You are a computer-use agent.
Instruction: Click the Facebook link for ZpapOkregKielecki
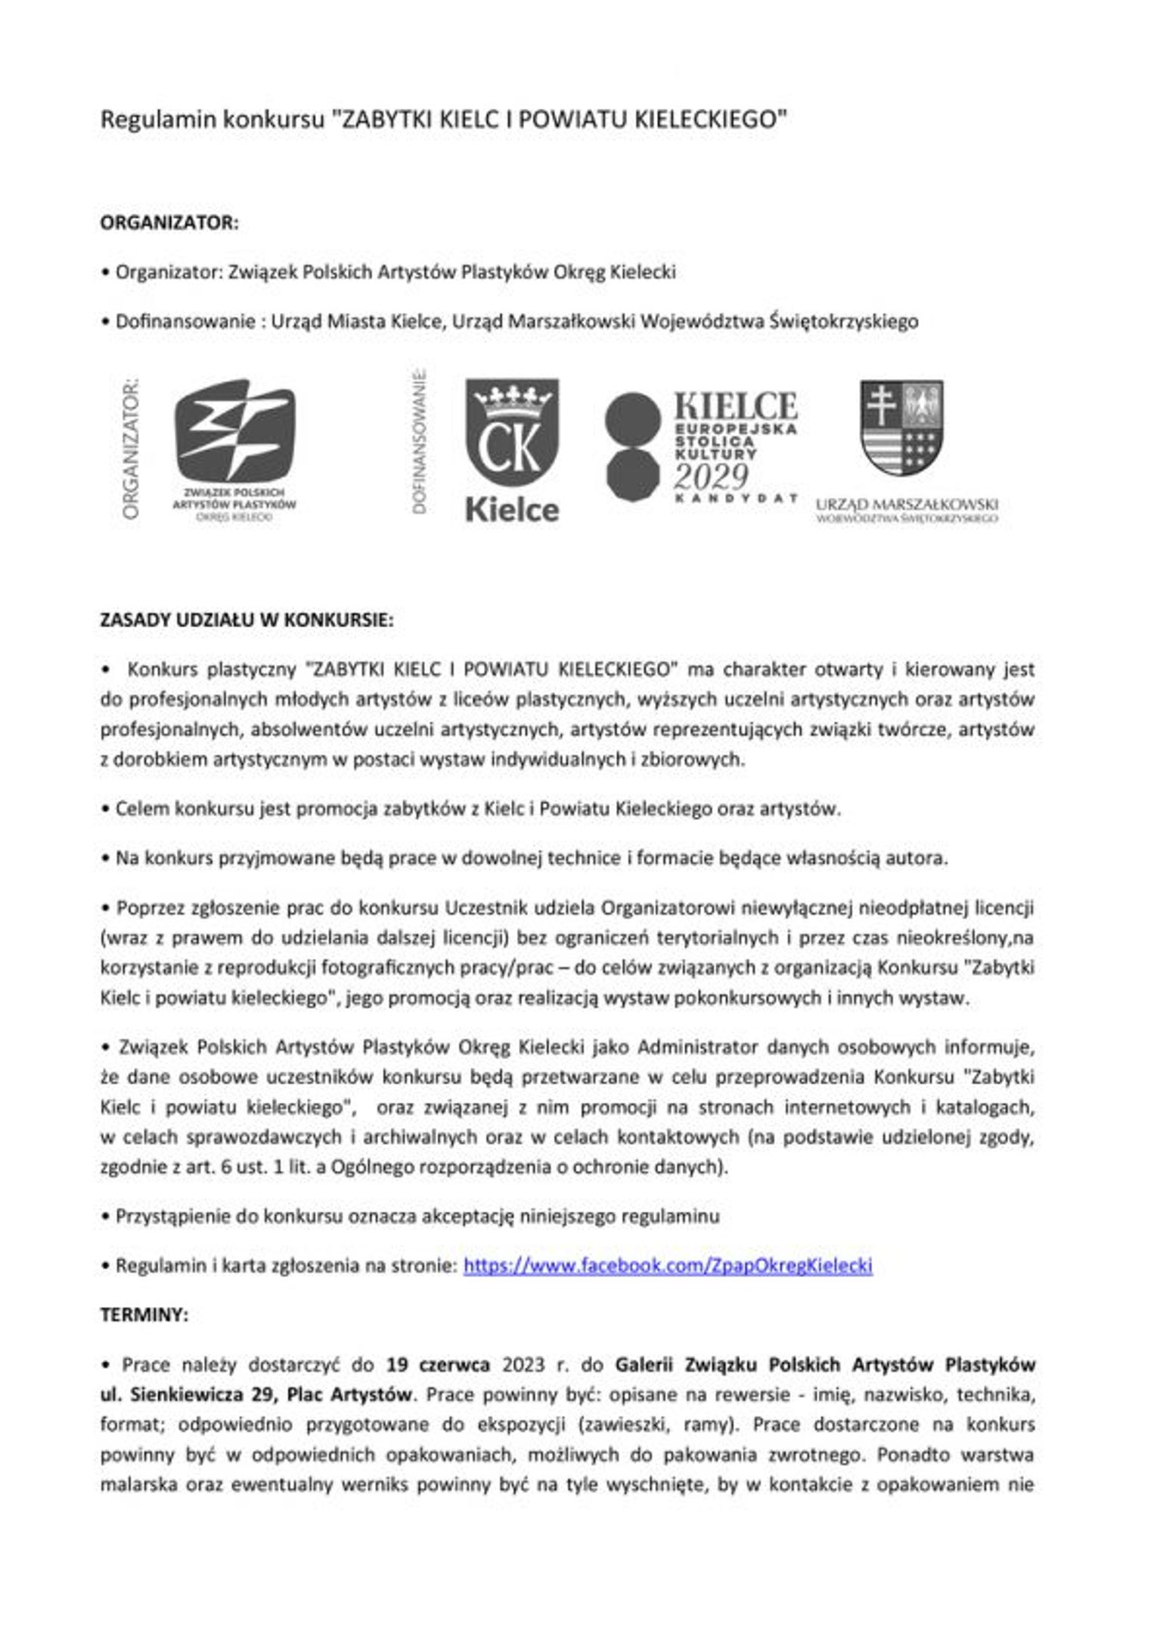[667, 1266]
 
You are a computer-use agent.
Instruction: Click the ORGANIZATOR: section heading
[169, 223]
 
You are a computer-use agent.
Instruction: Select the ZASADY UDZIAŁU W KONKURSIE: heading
[247, 620]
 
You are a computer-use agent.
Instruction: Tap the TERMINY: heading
[144, 1315]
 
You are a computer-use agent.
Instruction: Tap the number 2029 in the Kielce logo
[711, 477]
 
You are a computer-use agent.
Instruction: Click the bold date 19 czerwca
[438, 1365]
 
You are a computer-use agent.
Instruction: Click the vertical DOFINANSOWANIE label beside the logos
[420, 443]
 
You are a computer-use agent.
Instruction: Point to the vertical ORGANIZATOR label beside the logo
[131, 448]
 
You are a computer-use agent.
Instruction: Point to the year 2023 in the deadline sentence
[523, 1365]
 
